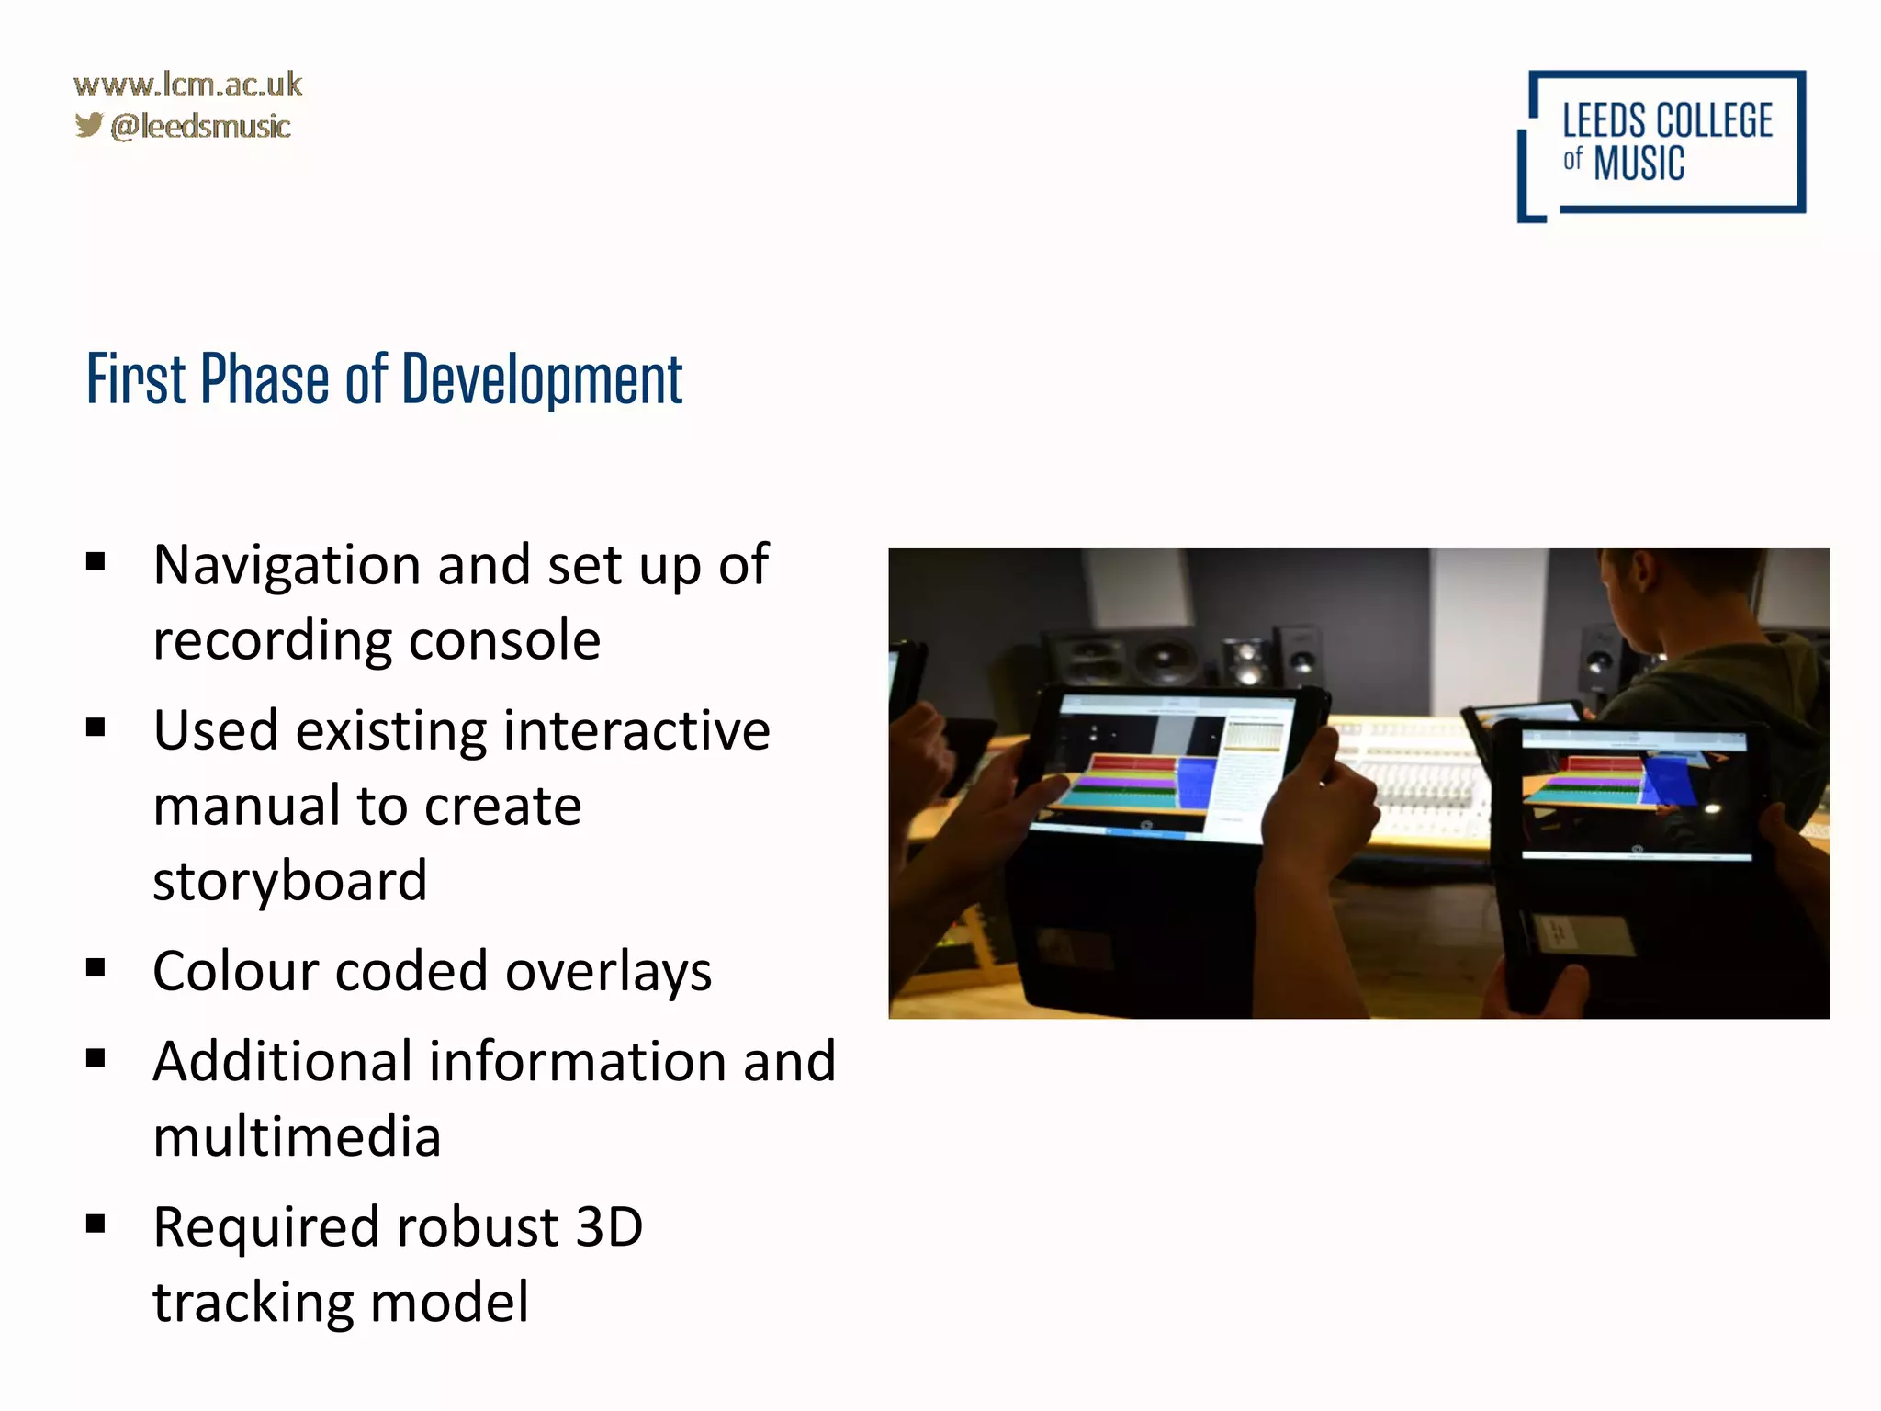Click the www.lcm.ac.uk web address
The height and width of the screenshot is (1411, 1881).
point(187,85)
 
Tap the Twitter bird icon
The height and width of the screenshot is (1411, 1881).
point(89,125)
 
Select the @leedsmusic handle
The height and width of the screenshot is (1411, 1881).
point(200,126)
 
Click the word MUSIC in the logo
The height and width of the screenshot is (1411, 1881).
point(1639,164)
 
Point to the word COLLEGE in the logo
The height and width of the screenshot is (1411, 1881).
point(1714,121)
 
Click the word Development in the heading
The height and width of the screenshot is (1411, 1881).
point(542,379)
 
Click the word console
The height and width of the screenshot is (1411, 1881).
point(504,640)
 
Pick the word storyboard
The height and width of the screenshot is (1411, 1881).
point(290,881)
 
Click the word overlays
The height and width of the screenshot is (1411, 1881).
point(608,971)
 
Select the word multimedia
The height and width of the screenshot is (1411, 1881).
point(297,1137)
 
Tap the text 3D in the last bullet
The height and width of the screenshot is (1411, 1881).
point(608,1227)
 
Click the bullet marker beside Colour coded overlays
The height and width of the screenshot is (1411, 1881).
point(96,968)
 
